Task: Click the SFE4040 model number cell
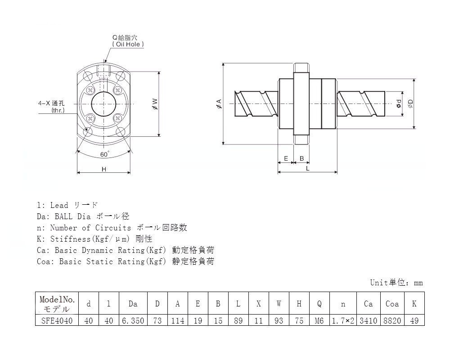click(57, 320)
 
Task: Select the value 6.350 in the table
click(133, 320)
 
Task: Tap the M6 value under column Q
click(319, 320)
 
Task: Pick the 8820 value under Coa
click(392, 320)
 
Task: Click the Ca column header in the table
click(368, 303)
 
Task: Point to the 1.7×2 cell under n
click(343, 320)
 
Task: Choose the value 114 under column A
click(178, 320)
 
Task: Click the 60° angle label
click(105, 154)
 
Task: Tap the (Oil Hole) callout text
click(128, 44)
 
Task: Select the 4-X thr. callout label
click(52, 107)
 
